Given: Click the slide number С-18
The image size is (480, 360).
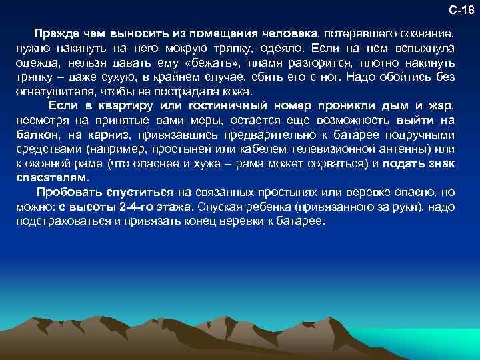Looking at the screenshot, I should pos(461,10).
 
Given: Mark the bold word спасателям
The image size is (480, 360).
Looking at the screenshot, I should pos(51,179).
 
